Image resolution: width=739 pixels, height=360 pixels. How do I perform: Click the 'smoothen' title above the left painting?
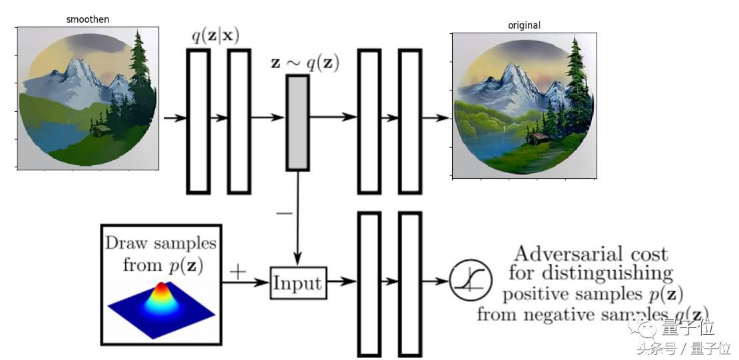pyautogui.click(x=88, y=19)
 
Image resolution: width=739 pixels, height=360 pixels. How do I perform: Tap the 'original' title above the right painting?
pyautogui.click(x=524, y=25)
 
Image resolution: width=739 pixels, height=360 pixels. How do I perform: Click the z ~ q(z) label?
pyautogui.click(x=304, y=64)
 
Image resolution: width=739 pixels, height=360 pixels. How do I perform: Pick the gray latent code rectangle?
pyautogui.click(x=298, y=122)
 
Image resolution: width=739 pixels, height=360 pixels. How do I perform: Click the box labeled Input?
pyautogui.click(x=298, y=283)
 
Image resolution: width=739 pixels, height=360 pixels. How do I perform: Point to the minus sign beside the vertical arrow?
pyautogui.click(x=284, y=213)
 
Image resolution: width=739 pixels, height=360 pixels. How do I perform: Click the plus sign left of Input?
pyautogui.click(x=238, y=271)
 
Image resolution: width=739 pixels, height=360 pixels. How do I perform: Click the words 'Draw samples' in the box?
pyautogui.click(x=160, y=243)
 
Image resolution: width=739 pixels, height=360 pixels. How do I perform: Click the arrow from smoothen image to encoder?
pyautogui.click(x=175, y=118)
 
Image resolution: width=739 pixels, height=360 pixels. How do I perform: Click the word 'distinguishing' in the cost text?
pyautogui.click(x=590, y=273)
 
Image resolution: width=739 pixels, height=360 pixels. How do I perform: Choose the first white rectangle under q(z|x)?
pyautogui.click(x=198, y=120)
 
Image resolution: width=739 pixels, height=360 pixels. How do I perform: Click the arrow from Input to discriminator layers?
pyautogui.click(x=341, y=282)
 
